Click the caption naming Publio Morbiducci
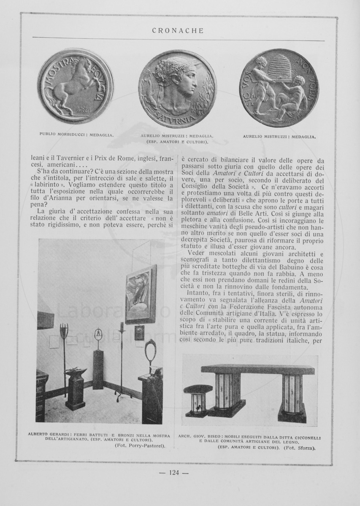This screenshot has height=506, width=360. point(76,135)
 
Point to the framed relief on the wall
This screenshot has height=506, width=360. point(141,293)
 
